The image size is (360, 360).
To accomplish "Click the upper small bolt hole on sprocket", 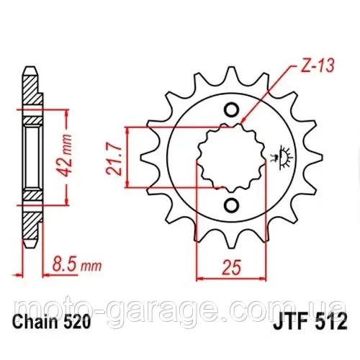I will pyautogui.click(x=232, y=109).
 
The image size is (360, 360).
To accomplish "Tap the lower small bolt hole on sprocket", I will pyautogui.click(x=232, y=204).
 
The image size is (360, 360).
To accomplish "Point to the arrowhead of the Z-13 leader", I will pyautogui.click(x=243, y=122).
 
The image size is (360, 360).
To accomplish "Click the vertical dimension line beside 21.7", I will pyautogui.click(x=127, y=156).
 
